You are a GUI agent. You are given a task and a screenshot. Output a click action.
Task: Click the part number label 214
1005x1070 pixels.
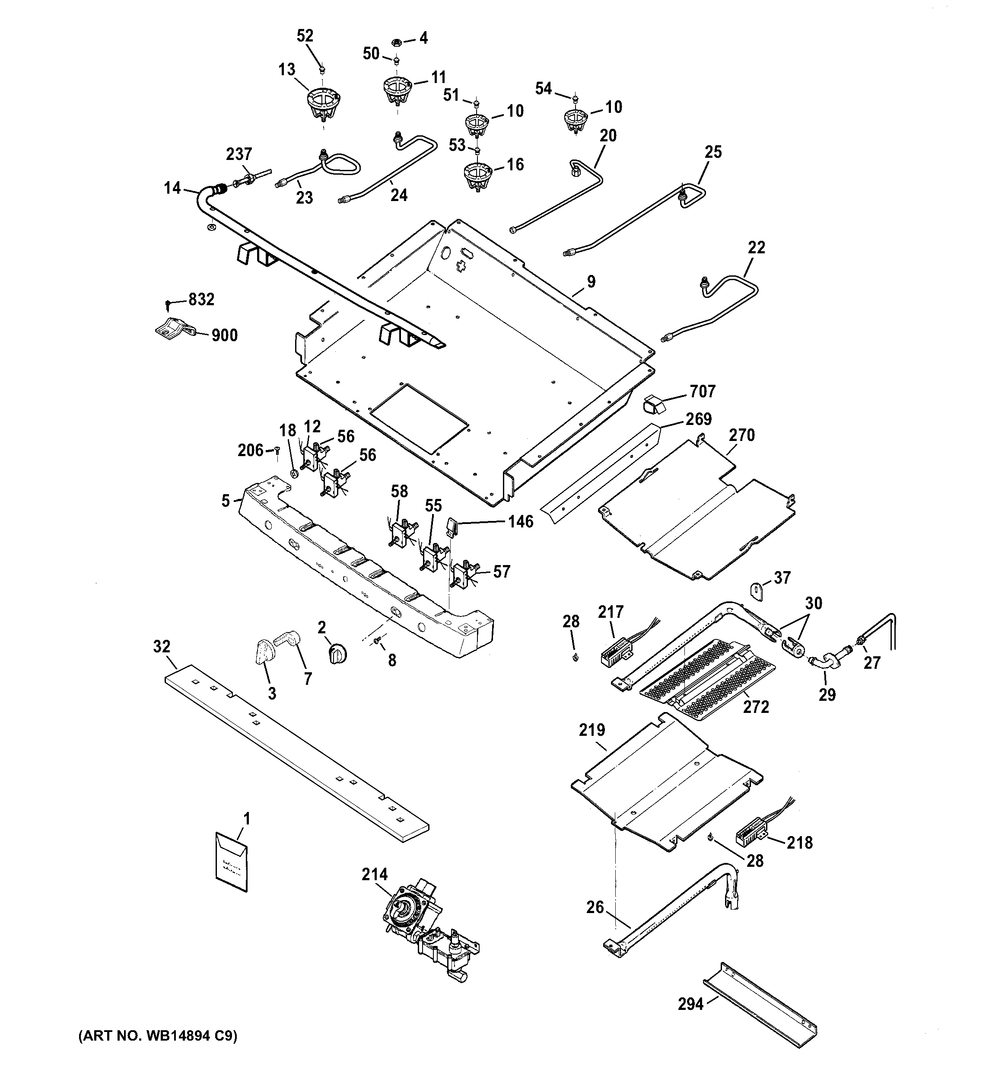click(375, 874)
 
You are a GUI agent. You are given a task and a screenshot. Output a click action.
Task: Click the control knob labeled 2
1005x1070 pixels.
click(337, 655)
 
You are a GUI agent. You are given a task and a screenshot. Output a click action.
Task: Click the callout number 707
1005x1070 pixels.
click(703, 391)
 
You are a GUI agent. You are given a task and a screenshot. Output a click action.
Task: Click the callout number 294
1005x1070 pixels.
click(691, 1004)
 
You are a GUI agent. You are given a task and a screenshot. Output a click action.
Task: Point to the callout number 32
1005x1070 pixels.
click(162, 646)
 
